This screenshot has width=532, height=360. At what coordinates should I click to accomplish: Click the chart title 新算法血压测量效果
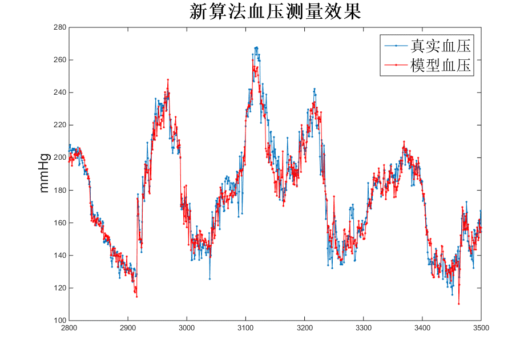pos(275,12)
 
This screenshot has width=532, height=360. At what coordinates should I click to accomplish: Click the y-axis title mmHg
pos(45,173)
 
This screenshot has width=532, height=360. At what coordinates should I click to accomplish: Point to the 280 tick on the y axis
pos(59,27)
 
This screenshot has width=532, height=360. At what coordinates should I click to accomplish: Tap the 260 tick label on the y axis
pos(59,60)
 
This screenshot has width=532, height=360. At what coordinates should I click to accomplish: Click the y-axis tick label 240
pos(59,92)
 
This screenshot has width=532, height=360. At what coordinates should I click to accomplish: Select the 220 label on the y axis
pos(59,125)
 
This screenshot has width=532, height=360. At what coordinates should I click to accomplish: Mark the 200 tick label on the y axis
pos(59,157)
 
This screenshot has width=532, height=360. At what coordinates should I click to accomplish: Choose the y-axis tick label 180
pos(59,190)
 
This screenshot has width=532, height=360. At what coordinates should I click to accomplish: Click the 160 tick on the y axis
pos(59,223)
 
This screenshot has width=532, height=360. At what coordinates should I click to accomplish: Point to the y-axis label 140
pos(59,255)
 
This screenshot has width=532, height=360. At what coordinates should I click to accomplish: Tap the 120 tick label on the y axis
pos(59,288)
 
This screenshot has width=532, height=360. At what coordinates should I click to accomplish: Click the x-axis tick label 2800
pos(68,328)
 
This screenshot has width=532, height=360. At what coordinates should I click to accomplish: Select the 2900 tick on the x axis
pos(127,328)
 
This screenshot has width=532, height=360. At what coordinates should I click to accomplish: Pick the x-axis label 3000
pos(187,328)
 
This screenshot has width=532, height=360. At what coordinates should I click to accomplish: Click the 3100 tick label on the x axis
pos(245,328)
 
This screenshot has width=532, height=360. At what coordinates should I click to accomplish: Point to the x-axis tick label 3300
pos(363,328)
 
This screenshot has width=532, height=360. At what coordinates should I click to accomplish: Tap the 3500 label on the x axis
pos(481,328)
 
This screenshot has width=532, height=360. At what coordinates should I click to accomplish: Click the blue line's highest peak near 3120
pos(257,47)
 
